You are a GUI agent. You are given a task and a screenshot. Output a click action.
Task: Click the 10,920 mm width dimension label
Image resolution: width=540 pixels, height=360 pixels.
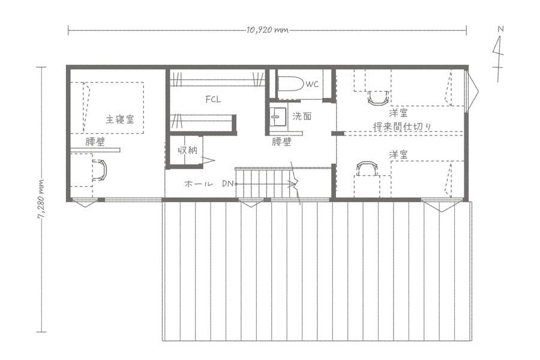(267, 30)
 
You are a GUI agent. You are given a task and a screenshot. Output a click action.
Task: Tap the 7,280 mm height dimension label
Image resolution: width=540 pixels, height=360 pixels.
(41, 199)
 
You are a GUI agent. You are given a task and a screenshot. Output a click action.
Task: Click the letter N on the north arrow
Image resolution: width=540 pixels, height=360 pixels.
(501, 29)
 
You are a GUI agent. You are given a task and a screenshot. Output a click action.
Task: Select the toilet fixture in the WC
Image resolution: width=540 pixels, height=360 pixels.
(290, 84)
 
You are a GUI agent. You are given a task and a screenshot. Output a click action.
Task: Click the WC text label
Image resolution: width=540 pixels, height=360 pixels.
(312, 84)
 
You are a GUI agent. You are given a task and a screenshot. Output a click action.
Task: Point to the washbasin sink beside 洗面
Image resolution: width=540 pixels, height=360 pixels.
(278, 117)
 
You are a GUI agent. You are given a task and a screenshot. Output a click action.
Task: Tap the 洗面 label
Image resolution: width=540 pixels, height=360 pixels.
(302, 116)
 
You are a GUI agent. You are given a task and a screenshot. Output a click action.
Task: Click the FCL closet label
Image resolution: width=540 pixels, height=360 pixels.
(213, 100)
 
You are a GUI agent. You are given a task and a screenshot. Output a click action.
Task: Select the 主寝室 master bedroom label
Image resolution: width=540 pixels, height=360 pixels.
(119, 119)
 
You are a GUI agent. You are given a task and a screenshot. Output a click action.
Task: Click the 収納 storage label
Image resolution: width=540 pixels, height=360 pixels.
(187, 150)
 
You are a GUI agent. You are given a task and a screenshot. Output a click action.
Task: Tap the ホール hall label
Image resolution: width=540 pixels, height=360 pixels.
(199, 184)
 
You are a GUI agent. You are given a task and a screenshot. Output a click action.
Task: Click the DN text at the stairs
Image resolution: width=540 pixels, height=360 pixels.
(227, 184)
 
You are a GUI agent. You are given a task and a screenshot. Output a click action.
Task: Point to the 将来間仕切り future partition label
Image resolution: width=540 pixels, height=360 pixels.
(402, 127)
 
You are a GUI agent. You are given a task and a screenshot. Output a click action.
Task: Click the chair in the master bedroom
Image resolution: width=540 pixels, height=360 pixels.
(101, 170)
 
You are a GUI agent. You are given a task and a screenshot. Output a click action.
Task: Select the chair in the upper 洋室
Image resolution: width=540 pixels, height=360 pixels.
(378, 97)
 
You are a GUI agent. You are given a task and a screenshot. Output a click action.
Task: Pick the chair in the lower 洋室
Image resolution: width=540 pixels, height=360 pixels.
(367, 169)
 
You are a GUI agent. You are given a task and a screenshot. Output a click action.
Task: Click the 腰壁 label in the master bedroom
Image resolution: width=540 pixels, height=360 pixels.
(95, 142)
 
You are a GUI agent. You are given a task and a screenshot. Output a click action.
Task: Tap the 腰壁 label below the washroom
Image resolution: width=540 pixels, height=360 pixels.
(282, 142)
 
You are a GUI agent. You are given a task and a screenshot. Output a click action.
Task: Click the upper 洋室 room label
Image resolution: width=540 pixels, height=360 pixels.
(398, 113)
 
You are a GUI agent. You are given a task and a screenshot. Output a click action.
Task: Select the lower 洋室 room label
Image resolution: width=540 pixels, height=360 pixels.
(398, 154)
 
